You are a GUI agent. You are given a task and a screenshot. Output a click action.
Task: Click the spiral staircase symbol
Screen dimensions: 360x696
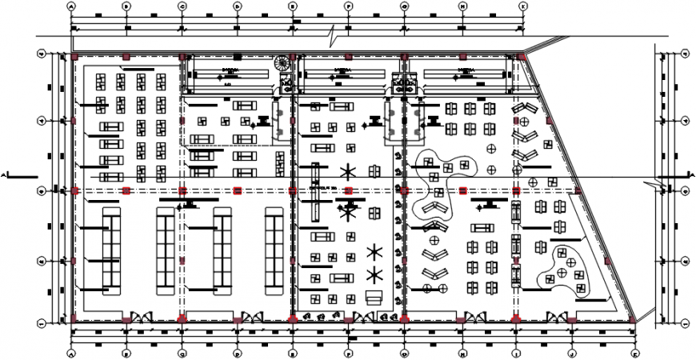point(282,63)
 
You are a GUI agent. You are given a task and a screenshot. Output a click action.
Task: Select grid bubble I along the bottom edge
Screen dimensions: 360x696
point(517,351)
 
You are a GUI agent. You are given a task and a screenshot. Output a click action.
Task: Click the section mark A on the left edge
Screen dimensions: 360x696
point(6,174)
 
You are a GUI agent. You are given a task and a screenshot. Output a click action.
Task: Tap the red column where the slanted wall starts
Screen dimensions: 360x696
point(522,57)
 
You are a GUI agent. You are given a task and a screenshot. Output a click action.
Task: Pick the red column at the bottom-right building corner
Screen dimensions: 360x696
point(633,319)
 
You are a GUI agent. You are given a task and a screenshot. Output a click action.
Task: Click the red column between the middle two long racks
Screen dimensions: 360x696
point(182,190)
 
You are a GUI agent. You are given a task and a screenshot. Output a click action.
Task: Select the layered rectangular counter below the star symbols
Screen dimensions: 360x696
point(373,297)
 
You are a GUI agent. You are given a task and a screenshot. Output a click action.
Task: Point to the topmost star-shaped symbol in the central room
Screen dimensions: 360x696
point(347,170)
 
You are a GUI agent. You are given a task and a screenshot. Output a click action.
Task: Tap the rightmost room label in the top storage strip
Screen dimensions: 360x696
point(465,72)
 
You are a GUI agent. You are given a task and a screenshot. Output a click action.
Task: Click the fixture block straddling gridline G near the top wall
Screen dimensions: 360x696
point(404,84)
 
